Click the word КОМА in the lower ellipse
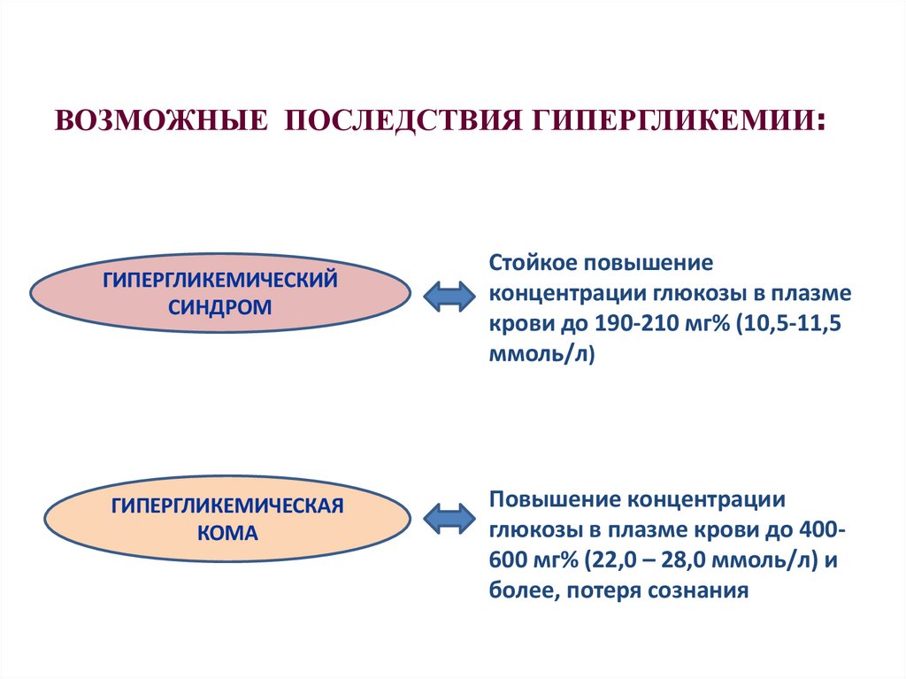point(227,534)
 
